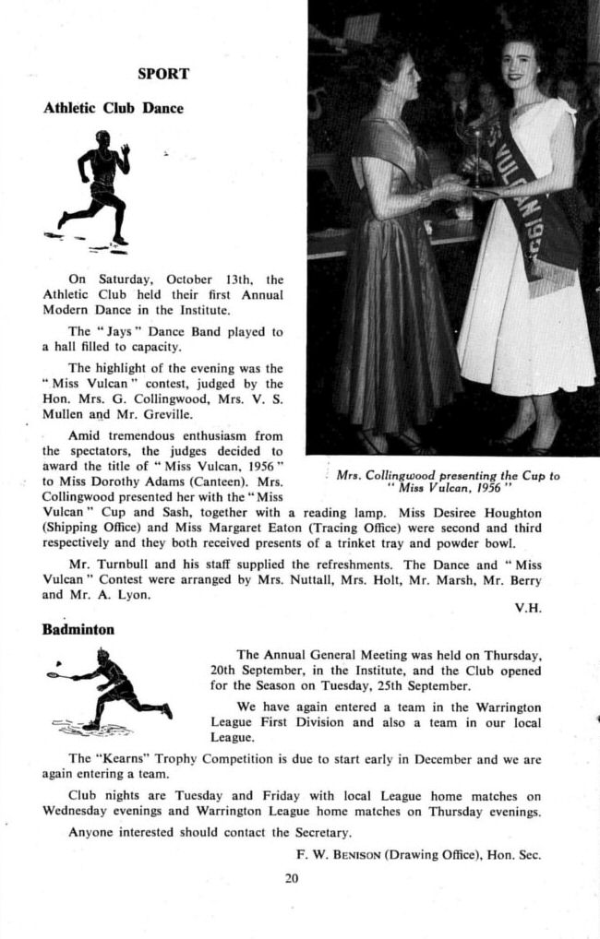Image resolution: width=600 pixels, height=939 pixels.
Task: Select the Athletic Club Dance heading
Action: point(114,108)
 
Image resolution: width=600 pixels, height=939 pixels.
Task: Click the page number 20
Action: point(293,878)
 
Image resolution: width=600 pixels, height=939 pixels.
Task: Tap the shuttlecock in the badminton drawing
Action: point(58,661)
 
